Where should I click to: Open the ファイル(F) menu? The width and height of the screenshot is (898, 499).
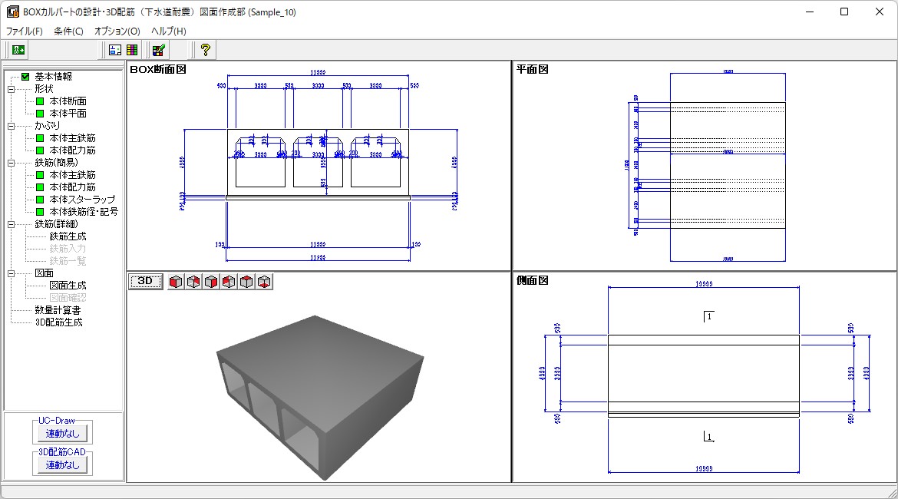tap(24, 31)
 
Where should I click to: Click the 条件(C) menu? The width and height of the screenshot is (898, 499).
tap(68, 31)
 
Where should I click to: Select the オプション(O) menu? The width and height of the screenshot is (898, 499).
tap(117, 31)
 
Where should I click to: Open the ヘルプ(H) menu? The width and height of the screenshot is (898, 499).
tap(168, 31)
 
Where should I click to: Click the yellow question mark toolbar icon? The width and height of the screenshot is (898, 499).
tap(205, 50)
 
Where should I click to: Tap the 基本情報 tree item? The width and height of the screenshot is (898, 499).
tap(53, 77)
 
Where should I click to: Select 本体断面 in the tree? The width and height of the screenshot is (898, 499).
tap(68, 101)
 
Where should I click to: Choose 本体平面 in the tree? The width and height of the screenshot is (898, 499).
tap(68, 114)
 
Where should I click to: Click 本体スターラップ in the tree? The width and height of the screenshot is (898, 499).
tap(82, 200)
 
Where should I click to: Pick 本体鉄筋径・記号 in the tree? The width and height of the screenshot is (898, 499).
tap(84, 212)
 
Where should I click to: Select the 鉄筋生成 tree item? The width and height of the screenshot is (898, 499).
tap(68, 236)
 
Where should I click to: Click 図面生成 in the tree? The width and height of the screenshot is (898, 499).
tap(68, 286)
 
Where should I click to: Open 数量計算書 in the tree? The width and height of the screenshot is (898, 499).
tap(58, 310)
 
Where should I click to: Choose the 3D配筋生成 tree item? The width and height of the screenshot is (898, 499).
tap(58, 322)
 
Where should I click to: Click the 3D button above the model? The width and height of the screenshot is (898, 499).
tap(145, 281)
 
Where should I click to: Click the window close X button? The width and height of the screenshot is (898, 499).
tap(879, 12)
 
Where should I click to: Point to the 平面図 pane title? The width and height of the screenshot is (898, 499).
tap(533, 69)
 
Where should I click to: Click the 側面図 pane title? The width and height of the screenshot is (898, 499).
tap(533, 281)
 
